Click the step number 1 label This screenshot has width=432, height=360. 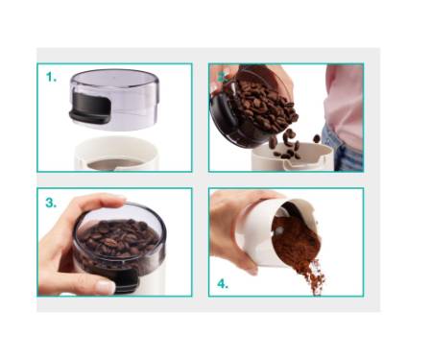(x=51, y=77)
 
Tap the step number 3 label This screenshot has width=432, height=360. (x=51, y=203)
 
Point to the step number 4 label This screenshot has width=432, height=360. (x=223, y=284)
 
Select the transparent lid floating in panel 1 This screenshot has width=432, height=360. (x=114, y=99)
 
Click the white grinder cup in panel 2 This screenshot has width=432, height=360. (x=293, y=156)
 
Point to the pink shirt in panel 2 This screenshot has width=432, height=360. (x=344, y=103)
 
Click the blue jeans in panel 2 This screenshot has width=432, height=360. (x=344, y=151)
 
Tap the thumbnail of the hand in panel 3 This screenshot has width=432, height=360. (x=106, y=287)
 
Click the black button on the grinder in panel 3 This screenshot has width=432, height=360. (x=128, y=279)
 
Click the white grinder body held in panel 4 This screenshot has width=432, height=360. (x=262, y=232)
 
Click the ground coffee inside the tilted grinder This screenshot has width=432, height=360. (x=296, y=238)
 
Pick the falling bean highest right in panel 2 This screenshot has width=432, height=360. (x=317, y=138)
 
